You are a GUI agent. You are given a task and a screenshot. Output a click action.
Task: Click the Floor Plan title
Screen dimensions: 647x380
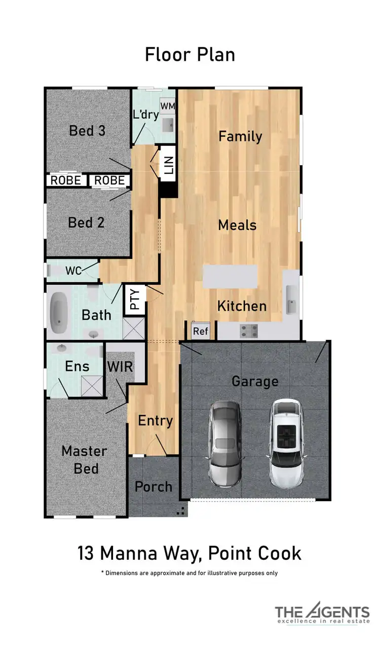click(x=190, y=55)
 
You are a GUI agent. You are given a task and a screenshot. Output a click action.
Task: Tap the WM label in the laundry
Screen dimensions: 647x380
click(x=167, y=105)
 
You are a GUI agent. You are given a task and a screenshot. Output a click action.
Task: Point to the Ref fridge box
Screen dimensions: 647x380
click(x=201, y=331)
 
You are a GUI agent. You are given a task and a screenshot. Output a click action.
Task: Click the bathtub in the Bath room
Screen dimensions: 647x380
click(x=59, y=311)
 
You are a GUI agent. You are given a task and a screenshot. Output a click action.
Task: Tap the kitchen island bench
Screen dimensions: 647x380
click(x=230, y=277)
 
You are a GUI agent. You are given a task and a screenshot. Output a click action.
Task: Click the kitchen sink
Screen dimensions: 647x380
click(x=291, y=299)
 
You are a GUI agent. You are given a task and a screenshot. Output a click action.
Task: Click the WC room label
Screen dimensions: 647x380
click(x=73, y=271)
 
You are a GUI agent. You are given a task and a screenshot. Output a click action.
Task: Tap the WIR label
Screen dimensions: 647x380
click(x=120, y=366)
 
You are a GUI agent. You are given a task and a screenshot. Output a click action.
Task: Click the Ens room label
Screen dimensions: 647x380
click(x=77, y=366)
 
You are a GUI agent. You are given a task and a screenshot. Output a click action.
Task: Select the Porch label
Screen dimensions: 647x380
click(x=154, y=486)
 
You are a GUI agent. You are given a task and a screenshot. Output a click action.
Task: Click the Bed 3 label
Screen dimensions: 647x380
click(x=87, y=131)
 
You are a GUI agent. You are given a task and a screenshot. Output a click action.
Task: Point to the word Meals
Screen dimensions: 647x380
click(x=237, y=225)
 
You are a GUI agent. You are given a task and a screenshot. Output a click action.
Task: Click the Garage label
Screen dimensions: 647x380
click(x=255, y=381)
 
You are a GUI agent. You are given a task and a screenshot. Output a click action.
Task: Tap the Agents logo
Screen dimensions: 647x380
click(x=322, y=614)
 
